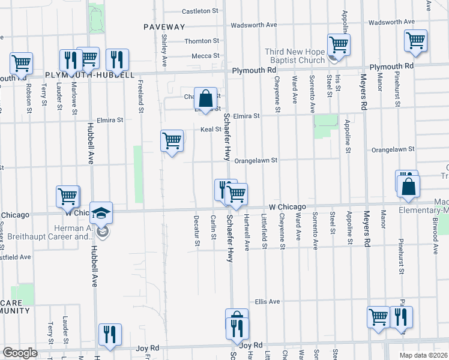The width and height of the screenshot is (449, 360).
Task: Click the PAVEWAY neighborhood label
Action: click(x=164, y=27)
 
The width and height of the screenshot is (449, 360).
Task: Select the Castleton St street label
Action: click(x=200, y=11)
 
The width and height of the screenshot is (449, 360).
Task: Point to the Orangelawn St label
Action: click(x=255, y=161)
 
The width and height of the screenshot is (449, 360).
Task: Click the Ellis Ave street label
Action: click(x=267, y=301)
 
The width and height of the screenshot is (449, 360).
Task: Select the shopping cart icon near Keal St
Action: click(x=172, y=140)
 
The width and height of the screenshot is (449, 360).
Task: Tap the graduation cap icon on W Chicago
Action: click(x=101, y=212)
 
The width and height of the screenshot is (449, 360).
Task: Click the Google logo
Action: click(x=20, y=353)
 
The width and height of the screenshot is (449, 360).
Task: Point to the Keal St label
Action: click(x=206, y=130)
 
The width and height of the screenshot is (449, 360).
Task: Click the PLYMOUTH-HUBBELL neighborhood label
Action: click(x=89, y=75)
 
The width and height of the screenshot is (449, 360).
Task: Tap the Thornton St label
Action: click(x=202, y=41)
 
